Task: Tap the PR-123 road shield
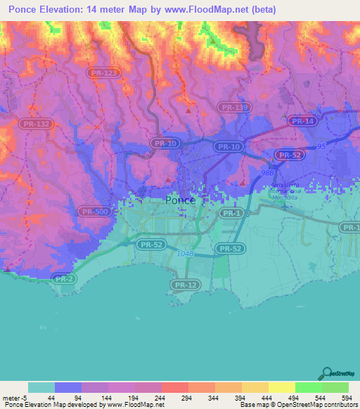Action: [104, 72]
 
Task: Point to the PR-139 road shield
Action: [233, 107]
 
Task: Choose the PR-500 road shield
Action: [95, 211]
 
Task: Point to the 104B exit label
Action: [185, 253]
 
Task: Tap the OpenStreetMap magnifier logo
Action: [326, 373]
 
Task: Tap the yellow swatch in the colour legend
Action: [281, 387]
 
